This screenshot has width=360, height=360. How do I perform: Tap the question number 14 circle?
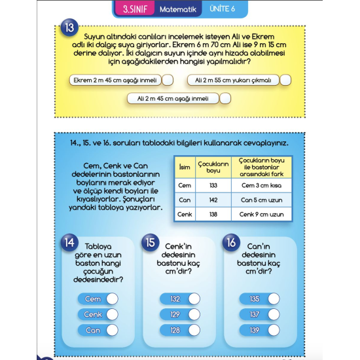click(69, 243)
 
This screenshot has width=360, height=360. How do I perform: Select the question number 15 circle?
click(150, 243)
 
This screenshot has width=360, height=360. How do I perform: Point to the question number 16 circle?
click(231, 243)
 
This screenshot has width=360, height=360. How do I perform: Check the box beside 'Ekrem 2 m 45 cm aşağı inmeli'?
click(167, 81)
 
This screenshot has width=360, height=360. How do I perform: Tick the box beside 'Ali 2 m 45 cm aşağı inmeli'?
click(225, 99)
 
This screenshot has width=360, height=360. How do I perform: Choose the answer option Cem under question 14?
click(111, 299)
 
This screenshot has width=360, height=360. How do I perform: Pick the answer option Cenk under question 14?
click(111, 315)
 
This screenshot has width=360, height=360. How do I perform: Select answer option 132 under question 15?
click(192, 299)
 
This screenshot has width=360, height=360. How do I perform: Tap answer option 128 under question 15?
click(192, 331)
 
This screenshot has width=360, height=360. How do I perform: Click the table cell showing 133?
click(213, 185)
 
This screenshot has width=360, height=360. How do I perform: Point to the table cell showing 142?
click(213, 200)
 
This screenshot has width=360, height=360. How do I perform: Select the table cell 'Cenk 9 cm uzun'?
click(261, 214)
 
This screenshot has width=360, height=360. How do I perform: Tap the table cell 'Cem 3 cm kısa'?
click(261, 185)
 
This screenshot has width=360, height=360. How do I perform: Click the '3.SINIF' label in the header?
click(135, 10)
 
